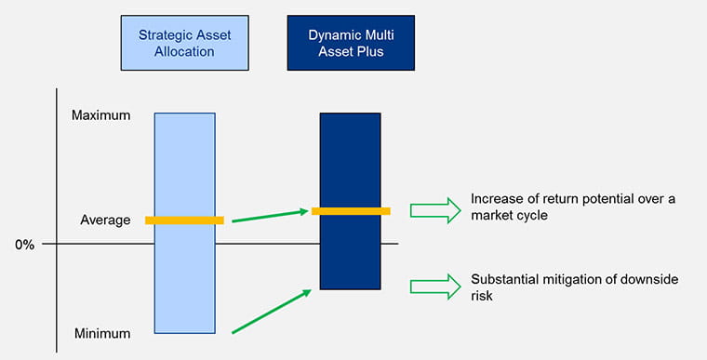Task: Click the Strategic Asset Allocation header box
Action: coord(184,43)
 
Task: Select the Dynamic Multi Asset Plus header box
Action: coord(349,43)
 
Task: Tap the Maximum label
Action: coord(100,115)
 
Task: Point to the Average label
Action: coord(105,220)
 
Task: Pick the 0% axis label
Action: coord(24,245)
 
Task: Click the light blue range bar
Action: coord(184,279)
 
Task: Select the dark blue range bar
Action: coord(350,158)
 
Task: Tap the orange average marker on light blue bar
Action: coord(184,220)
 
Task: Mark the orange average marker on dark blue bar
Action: coord(350,211)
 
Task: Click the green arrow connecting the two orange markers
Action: coord(269,216)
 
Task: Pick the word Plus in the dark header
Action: coord(370,51)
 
